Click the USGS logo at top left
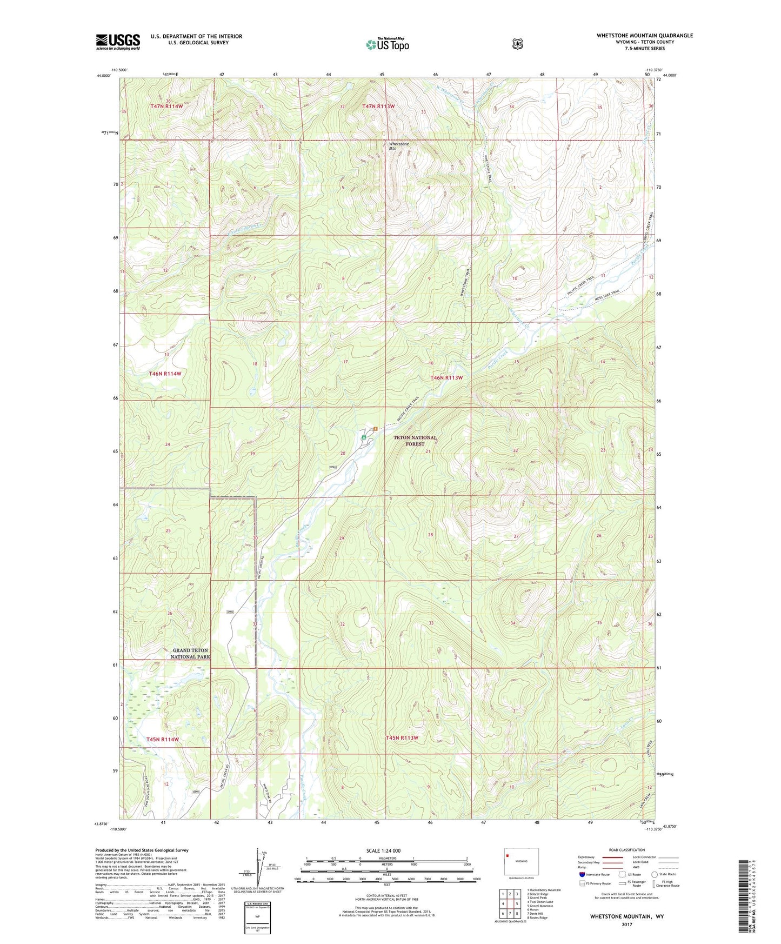click(118, 42)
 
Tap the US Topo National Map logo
click(387, 44)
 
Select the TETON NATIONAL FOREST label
click(415, 441)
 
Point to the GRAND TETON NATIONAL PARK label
click(190, 654)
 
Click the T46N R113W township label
click(446, 377)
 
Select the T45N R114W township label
click(162, 739)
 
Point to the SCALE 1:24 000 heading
click(383, 850)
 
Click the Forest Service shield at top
click(517, 44)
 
